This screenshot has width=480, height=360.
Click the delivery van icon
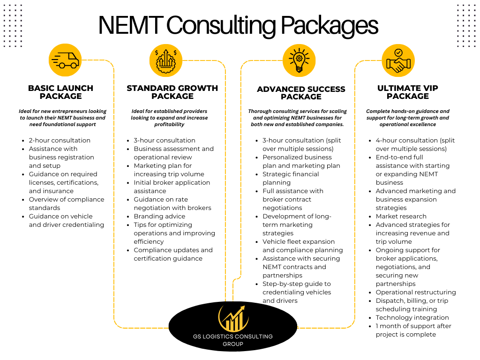pyautogui.click(x=65, y=60)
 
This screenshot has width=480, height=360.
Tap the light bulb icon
pyautogui.click(x=299, y=60)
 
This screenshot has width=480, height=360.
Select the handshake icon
pyautogui.click(x=398, y=60)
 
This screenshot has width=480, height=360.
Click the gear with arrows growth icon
pyautogui.click(x=166, y=60)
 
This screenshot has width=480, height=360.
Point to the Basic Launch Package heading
pyautogui.click(x=60, y=92)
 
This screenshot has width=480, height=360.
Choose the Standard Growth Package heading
pyautogui.click(x=172, y=92)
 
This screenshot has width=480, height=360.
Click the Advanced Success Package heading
pyautogui.click(x=301, y=93)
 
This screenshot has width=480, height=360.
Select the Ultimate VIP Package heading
pyautogui.click(x=408, y=92)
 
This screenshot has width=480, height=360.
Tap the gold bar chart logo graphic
pyautogui.click(x=233, y=318)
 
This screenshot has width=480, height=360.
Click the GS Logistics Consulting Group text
pyautogui.click(x=233, y=340)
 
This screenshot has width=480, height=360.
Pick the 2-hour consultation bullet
pyautogui.click(x=60, y=141)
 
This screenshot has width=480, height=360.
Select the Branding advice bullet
pyautogui.click(x=159, y=217)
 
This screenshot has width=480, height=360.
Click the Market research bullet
pyautogui.click(x=401, y=217)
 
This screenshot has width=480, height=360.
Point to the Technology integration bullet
pyautogui.click(x=412, y=318)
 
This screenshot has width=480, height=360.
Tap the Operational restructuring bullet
pyautogui.click(x=416, y=292)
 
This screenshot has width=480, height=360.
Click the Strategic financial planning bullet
pyautogui.click(x=291, y=178)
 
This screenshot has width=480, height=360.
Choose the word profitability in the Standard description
pyautogui.click(x=169, y=124)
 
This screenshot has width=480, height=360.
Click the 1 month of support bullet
pyautogui.click(x=413, y=330)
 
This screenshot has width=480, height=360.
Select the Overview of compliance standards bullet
pyautogui.click(x=67, y=203)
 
